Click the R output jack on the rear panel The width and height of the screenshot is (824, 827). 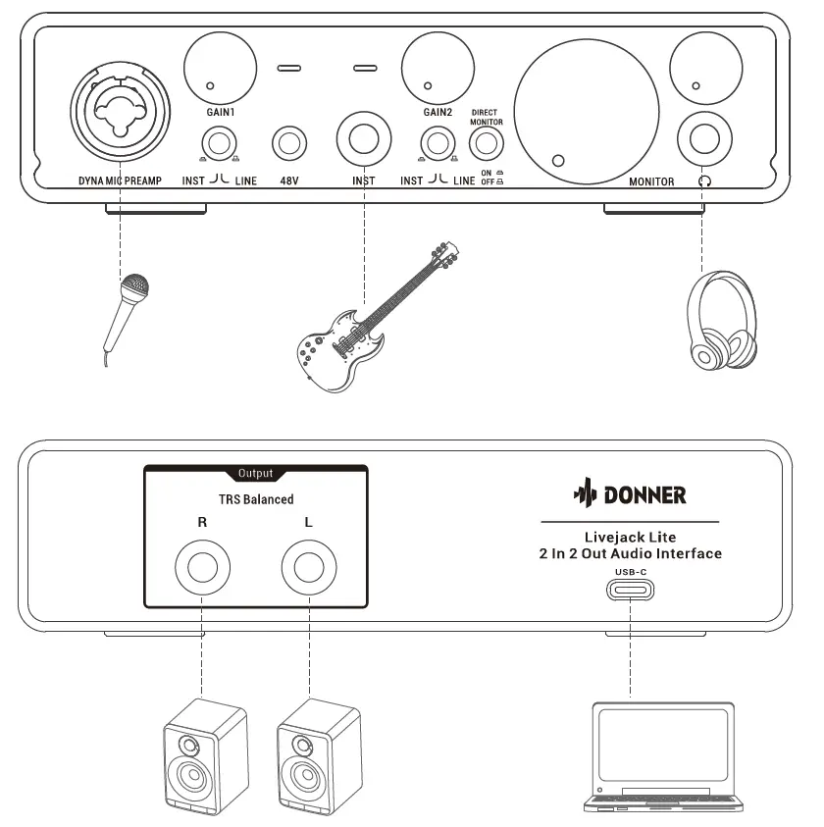click(x=202, y=568)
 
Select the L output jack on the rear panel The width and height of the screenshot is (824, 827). click(x=309, y=568)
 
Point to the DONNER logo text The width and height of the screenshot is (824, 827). click(x=644, y=494)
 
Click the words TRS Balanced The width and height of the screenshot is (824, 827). click(x=255, y=499)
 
